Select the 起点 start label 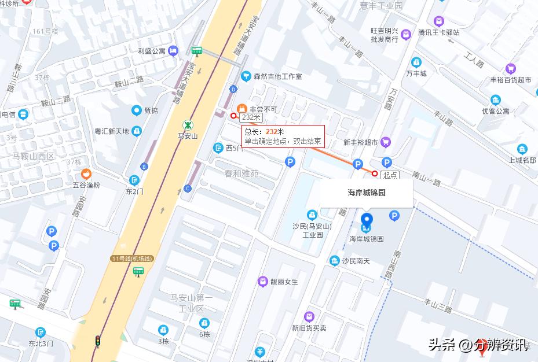click(x=390, y=174)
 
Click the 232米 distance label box click(x=252, y=117)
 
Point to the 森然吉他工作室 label click(x=277, y=76)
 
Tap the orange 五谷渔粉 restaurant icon click(x=86, y=173)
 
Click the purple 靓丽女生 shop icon click(x=263, y=282)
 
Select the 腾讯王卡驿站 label click(x=439, y=32)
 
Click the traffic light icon click(x=98, y=341)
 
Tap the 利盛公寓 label click(x=152, y=51)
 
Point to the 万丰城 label click(x=416, y=73)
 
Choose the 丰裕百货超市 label click(x=510, y=80)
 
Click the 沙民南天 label click(x=356, y=261)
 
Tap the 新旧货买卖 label click(x=309, y=328)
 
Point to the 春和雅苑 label click(x=241, y=173)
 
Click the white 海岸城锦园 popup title click(x=367, y=193)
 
